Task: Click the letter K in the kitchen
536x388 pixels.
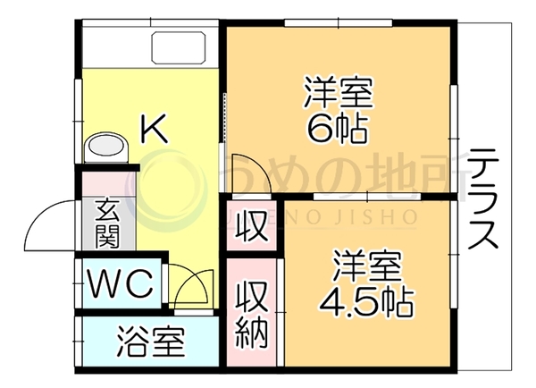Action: [x=155, y=129]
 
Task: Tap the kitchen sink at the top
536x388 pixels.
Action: [x=179, y=47]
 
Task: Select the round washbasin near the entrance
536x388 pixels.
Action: [x=106, y=148]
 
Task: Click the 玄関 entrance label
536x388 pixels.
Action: [x=107, y=224]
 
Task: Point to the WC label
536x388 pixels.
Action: [x=120, y=283]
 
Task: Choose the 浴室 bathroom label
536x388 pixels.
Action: [x=151, y=342]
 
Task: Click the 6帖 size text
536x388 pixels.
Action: [x=337, y=129]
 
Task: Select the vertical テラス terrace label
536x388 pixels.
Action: [x=482, y=199]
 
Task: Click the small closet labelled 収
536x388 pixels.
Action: [x=252, y=226]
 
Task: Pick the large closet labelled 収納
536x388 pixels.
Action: [x=252, y=312]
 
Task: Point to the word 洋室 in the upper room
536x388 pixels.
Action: [x=339, y=92]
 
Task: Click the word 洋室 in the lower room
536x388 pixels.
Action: [x=367, y=266]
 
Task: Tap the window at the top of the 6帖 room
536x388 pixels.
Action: [x=338, y=22]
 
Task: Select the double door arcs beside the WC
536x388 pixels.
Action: [x=192, y=287]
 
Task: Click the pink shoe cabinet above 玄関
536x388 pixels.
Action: [x=109, y=184]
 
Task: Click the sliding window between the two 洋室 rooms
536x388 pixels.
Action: [x=367, y=197]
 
